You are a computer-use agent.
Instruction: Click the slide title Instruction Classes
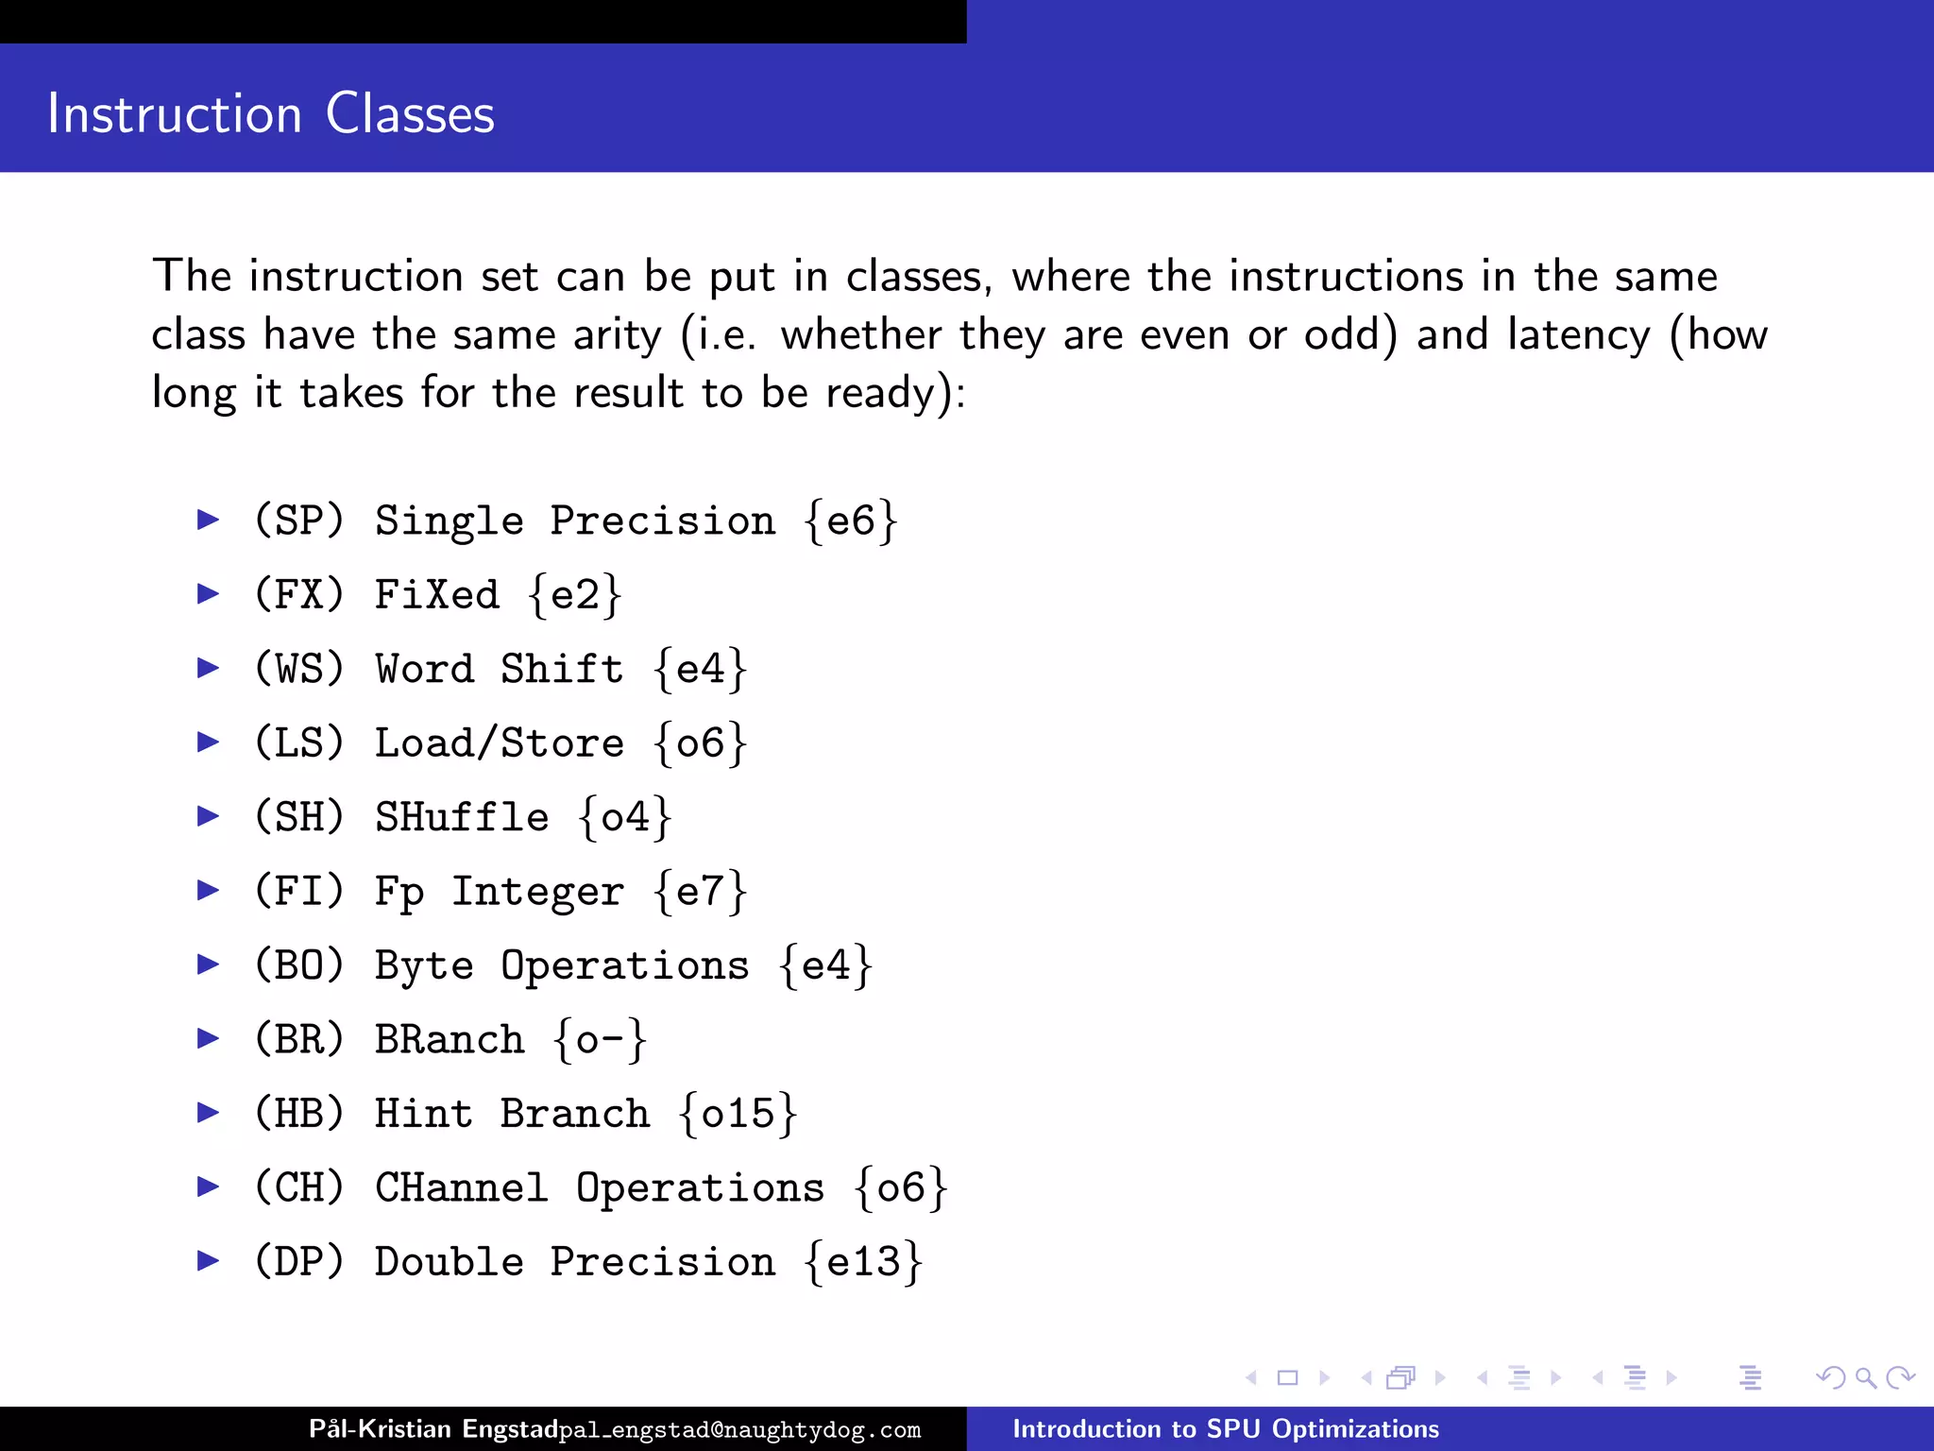tap(271, 114)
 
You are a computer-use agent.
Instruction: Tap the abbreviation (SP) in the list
tap(299, 521)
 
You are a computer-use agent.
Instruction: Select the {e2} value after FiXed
tap(575, 595)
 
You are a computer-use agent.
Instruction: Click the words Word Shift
tap(500, 669)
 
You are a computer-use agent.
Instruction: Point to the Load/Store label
tap(500, 743)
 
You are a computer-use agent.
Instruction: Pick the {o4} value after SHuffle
tap(625, 817)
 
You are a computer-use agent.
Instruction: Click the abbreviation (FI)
tap(299, 892)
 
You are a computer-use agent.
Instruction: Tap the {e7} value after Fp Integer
tap(701, 892)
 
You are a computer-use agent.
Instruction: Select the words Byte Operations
tap(562, 965)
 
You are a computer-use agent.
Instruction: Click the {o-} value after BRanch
tap(601, 1040)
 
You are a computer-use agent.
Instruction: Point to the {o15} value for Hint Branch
tap(738, 1114)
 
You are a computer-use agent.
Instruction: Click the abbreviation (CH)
tap(299, 1188)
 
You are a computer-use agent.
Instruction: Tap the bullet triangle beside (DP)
tap(208, 1260)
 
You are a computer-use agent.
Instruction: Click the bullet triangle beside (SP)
tap(208, 519)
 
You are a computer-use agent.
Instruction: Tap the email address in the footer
tap(739, 1430)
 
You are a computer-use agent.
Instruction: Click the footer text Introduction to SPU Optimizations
tap(1226, 1429)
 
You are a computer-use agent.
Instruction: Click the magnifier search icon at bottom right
tap(1865, 1378)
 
